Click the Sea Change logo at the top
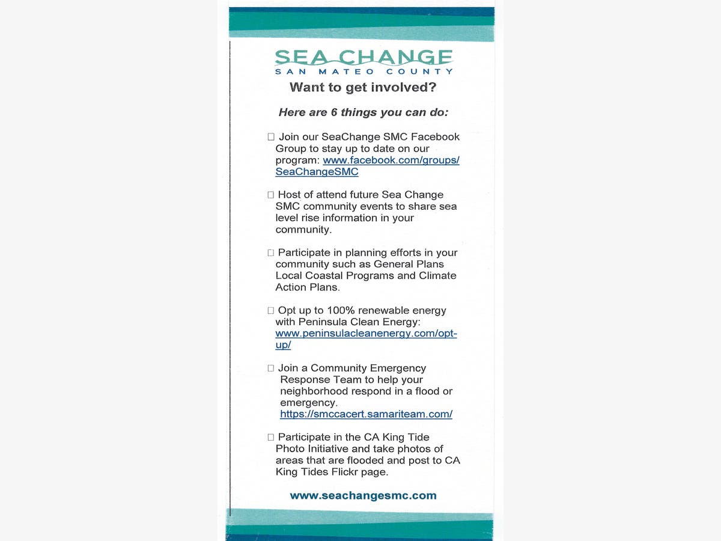[x=364, y=58]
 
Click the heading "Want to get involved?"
[x=363, y=87]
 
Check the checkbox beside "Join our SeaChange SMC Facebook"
[x=271, y=137]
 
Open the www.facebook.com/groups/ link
[x=391, y=160]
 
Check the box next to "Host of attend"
[x=271, y=195]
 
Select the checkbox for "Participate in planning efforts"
[x=271, y=253]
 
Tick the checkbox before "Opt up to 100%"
[x=271, y=311]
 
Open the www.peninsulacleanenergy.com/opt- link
[x=366, y=334]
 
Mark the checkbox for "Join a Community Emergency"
[x=271, y=368]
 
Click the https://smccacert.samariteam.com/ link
[x=366, y=414]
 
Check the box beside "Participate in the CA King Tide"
[x=271, y=438]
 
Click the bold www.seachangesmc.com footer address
[x=363, y=496]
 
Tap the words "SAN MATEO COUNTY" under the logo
[x=364, y=72]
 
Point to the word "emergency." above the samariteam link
[x=309, y=403]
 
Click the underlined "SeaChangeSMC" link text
[x=317, y=172]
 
